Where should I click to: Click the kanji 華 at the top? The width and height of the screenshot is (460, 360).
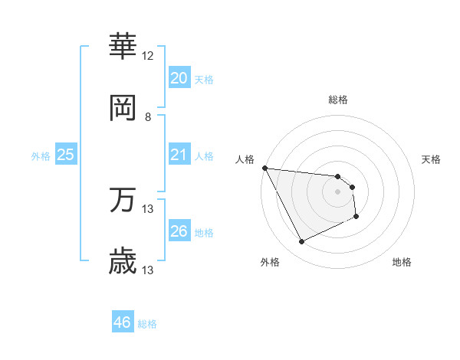click(123, 46)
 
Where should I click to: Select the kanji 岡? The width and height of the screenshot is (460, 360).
click(123, 108)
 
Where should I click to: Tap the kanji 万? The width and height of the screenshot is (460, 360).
click(123, 200)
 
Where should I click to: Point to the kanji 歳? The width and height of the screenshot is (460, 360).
click(123, 261)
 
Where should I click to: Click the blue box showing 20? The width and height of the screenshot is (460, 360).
click(179, 77)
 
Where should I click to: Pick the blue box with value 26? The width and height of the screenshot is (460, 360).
click(179, 231)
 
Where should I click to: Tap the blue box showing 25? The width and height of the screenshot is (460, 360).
click(65, 154)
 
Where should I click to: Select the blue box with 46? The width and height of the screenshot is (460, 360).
click(122, 322)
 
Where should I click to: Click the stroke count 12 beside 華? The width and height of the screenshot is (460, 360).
click(148, 56)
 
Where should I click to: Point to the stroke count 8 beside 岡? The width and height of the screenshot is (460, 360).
click(148, 117)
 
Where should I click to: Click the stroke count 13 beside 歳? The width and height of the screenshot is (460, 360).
click(148, 270)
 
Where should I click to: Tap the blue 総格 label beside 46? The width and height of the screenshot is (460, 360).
click(147, 324)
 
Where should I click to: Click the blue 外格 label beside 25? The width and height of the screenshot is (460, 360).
click(41, 155)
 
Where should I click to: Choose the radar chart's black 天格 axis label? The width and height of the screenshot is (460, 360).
click(432, 159)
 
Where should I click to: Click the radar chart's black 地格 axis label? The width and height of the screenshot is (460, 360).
click(402, 262)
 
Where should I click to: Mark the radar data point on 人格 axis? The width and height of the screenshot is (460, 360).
click(265, 168)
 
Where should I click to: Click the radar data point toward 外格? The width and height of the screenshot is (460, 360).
click(301, 242)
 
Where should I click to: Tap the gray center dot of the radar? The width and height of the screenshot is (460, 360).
click(337, 191)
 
